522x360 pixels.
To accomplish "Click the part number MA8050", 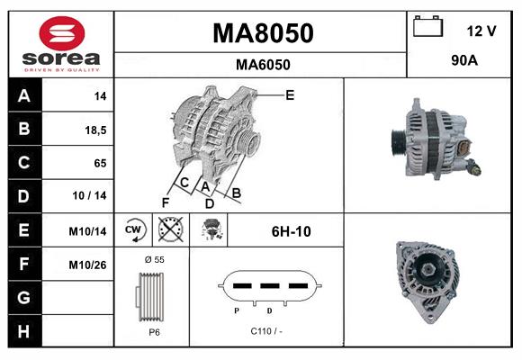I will (x=262, y=33).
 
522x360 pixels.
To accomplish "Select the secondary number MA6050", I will (x=262, y=64).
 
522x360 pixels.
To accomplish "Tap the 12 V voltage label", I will (x=481, y=31).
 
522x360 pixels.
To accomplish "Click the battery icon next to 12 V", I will (x=427, y=28).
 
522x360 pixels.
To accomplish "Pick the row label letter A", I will (x=23, y=95).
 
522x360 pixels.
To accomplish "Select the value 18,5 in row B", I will (x=94, y=130).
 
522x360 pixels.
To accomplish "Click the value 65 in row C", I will (x=99, y=163).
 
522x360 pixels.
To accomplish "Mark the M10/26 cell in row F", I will (x=89, y=265).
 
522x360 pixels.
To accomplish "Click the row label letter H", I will (x=23, y=331).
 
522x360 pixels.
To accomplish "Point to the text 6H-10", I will (x=291, y=231).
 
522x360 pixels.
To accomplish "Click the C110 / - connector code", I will (x=265, y=331).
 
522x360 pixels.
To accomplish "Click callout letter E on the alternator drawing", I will (x=289, y=94).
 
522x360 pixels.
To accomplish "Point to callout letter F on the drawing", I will (x=165, y=202).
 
